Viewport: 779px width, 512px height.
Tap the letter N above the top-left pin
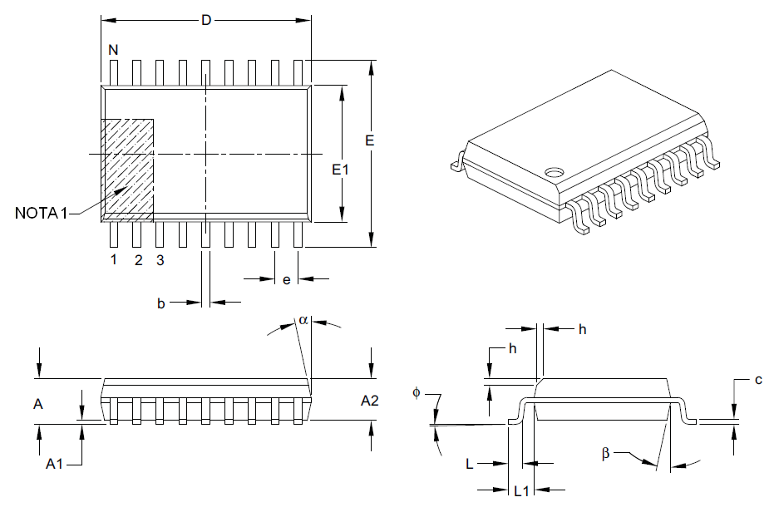coord(114,50)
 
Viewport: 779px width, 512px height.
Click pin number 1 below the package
coord(114,260)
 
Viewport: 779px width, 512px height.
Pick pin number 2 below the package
coord(138,260)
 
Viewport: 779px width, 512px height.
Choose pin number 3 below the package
coord(160,260)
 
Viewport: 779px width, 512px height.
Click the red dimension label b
coord(161,304)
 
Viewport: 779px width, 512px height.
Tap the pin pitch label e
coord(286,280)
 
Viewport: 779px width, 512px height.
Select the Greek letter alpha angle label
coord(303,320)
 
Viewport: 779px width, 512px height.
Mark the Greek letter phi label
coord(417,391)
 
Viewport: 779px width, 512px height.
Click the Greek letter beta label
coord(606,453)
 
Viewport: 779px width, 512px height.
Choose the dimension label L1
coord(521,490)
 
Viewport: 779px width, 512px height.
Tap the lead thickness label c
coord(758,381)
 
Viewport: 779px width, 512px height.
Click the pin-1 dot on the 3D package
coord(553,173)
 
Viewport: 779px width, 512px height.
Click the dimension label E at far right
coord(369,140)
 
